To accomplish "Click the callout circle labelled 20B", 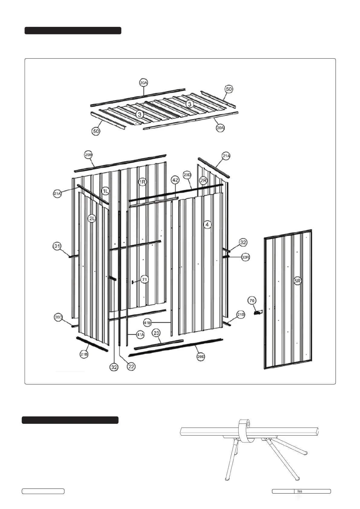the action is coord(88,155).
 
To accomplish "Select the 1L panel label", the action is coord(105,191).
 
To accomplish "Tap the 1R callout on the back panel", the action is coord(143,182).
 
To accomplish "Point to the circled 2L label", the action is coord(92,218).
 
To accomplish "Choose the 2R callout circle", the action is coord(203,180).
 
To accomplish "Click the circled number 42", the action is coord(175,180).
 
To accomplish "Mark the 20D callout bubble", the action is coord(187,175).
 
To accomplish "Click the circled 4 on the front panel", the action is coord(207,225).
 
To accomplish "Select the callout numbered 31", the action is coord(57,246).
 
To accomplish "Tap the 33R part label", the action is coord(245,257).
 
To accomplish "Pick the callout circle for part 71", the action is coord(144,279).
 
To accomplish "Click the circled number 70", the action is coord(252,300).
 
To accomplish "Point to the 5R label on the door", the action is coord(298,281).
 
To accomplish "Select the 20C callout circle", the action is coord(58,317).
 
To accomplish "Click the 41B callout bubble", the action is coord(147,323).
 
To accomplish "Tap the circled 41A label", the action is coord(140,335).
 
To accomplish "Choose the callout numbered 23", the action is coord(156,333).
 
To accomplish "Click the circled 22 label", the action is coord(131,367).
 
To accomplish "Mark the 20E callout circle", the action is coord(201,357).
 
